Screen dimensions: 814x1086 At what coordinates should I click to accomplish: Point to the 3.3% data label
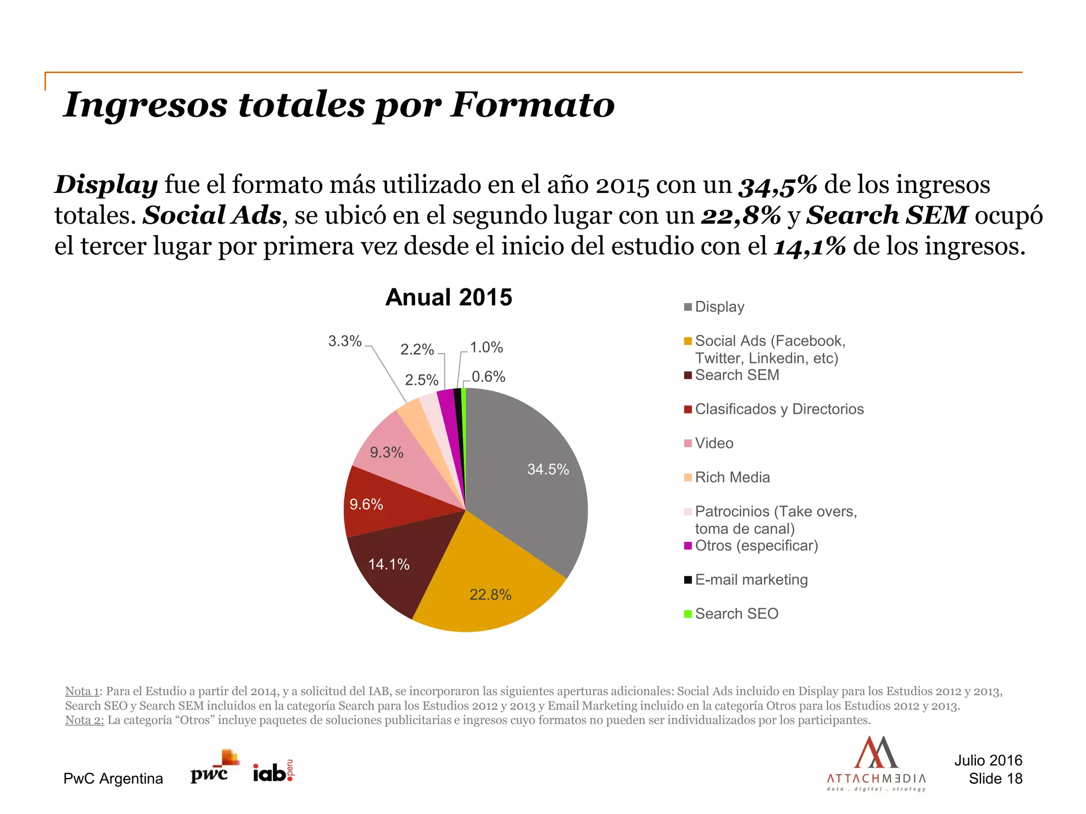[345, 341]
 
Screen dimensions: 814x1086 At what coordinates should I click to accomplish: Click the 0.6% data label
[488, 377]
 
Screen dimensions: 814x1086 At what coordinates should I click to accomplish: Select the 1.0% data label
[486, 348]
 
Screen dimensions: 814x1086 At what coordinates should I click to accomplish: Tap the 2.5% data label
[422, 380]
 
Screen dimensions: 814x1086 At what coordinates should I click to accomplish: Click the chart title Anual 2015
[449, 297]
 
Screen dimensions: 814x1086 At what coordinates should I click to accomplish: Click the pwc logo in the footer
[212, 768]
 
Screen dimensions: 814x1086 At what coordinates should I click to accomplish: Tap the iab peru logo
[273, 772]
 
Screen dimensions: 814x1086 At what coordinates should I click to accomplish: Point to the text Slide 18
[995, 778]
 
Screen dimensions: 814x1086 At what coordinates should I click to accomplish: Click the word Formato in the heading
[532, 104]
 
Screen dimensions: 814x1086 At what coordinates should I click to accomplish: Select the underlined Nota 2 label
[84, 720]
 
